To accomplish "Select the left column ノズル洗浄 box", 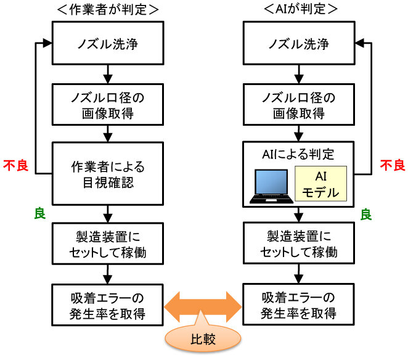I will coord(108,44).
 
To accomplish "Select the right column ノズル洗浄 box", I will coord(300,44).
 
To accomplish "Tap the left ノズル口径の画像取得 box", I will coord(108,105).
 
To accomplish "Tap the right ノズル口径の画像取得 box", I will coord(300,105).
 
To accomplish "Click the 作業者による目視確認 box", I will coord(108,173).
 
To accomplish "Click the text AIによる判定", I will coord(300,152).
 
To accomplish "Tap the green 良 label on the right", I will coord(365,214).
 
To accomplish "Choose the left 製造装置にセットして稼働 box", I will coord(108,243).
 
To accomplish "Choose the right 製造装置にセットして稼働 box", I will coord(300,243).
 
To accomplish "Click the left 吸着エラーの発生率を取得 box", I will coord(108,304).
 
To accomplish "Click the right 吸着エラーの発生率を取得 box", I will coord(300,304).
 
